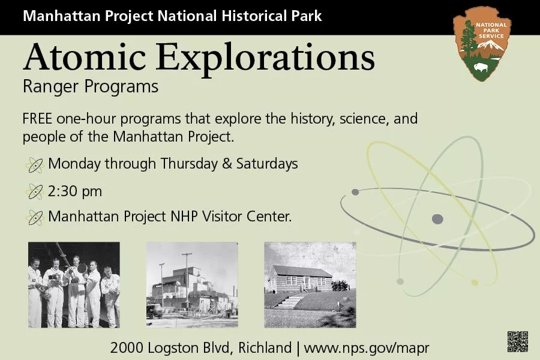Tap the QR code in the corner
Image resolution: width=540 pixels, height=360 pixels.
pyautogui.click(x=517, y=341)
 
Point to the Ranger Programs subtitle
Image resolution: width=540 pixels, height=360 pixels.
pyautogui.click(x=91, y=87)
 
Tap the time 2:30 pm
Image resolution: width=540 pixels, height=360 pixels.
pyautogui.click(x=75, y=191)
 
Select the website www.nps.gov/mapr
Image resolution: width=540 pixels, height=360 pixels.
pyautogui.click(x=367, y=347)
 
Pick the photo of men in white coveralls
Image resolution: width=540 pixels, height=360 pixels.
pyautogui.click(x=74, y=284)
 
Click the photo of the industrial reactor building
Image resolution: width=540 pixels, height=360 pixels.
pyautogui.click(x=192, y=284)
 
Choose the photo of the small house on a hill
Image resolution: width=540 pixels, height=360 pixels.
pyautogui.click(x=310, y=284)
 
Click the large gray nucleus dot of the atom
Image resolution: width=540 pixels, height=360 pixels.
pyautogui.click(x=437, y=219)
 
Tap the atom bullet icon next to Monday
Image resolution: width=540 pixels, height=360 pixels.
pyautogui.click(x=35, y=164)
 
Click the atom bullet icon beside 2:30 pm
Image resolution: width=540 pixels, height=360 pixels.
pyautogui.click(x=35, y=192)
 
